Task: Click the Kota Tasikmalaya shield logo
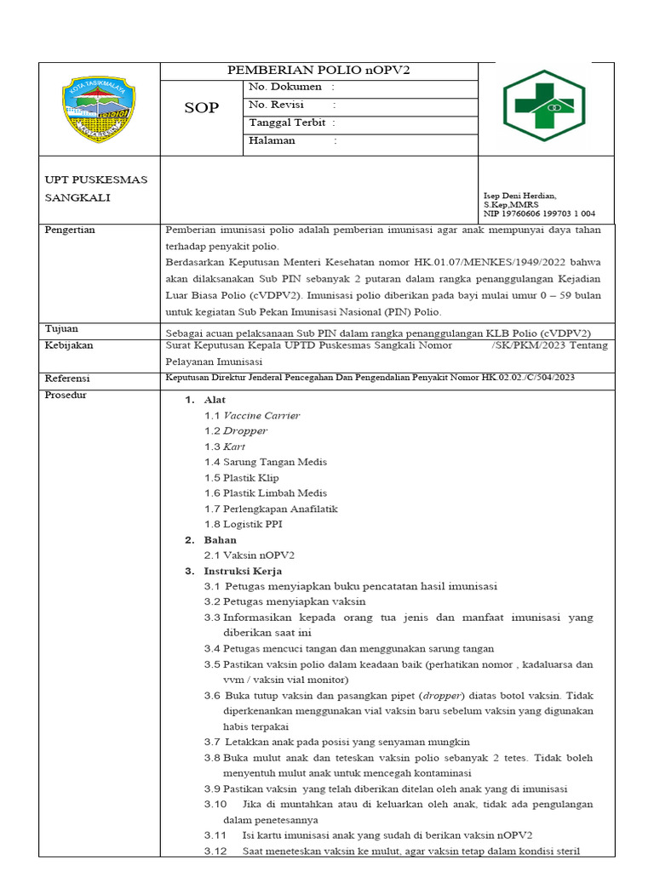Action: pos(100,110)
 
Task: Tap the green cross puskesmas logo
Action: pos(544,105)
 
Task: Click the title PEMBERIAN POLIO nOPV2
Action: pos(318,71)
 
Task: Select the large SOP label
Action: pos(202,108)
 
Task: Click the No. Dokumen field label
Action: pos(285,87)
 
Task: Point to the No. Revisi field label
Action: pos(277,105)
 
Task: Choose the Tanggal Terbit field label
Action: pos(288,122)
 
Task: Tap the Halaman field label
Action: pos(272,140)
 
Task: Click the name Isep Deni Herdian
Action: pos(519,196)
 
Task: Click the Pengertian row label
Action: pos(70,230)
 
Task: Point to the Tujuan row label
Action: pos(61,328)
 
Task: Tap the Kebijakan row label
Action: pos(68,345)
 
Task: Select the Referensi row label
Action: pos(67,378)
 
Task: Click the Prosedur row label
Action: pos(66,395)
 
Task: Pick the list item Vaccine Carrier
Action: pos(261,416)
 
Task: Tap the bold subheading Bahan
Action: pos(220,540)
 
